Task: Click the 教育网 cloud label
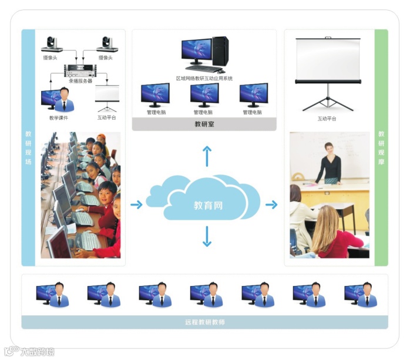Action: tap(209, 206)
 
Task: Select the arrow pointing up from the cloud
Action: tap(207, 156)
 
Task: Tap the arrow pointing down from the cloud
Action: tap(207, 237)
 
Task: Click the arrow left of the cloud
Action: tap(136, 204)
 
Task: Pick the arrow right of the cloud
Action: tap(271, 204)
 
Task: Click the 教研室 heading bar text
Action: tap(204, 124)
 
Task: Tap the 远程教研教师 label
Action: tap(204, 322)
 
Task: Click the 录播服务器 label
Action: tap(81, 81)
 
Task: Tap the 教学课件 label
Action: tap(59, 117)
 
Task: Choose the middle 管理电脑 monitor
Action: tap(204, 95)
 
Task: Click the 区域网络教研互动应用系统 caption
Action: tap(204, 78)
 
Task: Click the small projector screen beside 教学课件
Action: tap(107, 96)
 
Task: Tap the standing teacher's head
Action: tap(328, 147)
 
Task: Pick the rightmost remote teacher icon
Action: tap(361, 294)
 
